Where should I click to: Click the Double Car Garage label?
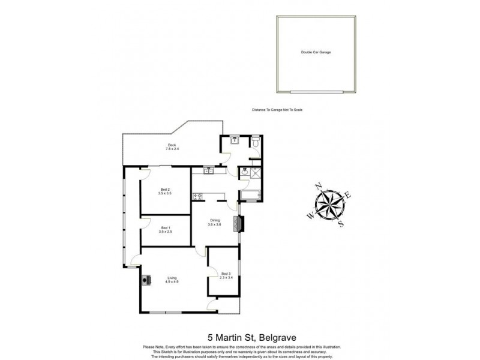pos(316,52)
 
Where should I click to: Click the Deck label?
pos(172,145)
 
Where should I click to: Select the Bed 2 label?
pos(165,190)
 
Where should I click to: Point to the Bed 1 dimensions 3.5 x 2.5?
pos(165,231)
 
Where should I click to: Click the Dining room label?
pos(215,220)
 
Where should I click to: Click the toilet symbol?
pos(256,143)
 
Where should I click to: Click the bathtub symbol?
pos(250,194)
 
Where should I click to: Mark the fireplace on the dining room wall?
pos(241,223)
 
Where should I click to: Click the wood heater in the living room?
pos(146,278)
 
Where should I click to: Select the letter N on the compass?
pos(318,185)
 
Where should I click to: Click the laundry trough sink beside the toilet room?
pos(233,142)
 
